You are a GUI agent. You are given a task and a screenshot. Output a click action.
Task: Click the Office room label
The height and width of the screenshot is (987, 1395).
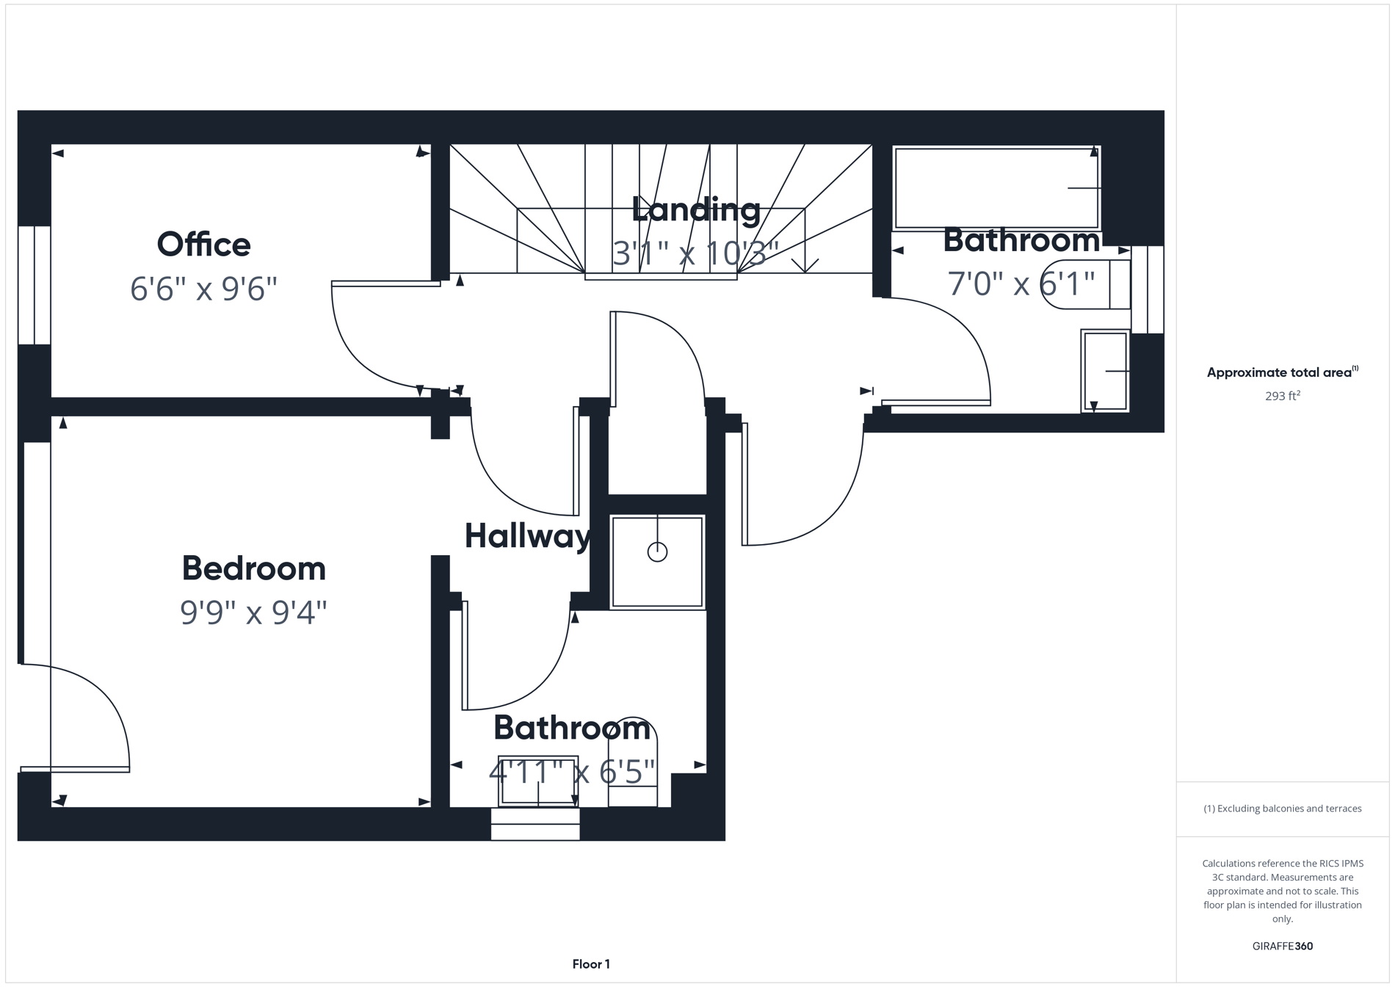point(203,245)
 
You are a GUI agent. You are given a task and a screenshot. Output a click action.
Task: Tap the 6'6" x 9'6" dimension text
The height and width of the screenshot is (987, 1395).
point(203,289)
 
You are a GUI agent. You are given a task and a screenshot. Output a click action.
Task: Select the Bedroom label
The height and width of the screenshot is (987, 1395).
point(253,568)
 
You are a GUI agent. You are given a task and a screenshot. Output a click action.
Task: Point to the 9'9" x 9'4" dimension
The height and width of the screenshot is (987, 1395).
point(253,612)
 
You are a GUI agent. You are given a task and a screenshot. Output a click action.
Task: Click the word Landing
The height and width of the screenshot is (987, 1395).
point(695,210)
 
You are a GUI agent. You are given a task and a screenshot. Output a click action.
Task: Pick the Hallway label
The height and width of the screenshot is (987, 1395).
point(527,536)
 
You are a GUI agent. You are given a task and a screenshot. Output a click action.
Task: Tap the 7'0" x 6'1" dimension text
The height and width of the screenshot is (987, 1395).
point(1021,283)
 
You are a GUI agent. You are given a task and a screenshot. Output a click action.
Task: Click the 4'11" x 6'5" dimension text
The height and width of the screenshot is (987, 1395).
point(571,772)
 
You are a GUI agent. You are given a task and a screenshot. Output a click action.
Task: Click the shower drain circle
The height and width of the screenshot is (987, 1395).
point(657,552)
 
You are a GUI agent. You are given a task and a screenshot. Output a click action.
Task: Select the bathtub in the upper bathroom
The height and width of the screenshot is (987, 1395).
point(996,189)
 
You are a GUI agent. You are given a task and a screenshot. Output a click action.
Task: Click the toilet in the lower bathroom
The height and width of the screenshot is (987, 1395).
point(633,764)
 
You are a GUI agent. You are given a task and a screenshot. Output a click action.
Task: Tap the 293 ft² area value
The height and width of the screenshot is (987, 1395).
point(1282,396)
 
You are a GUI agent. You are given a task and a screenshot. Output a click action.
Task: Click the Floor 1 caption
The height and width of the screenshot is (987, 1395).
point(591,964)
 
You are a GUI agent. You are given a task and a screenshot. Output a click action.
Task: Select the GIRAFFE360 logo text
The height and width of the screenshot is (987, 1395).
point(1282,946)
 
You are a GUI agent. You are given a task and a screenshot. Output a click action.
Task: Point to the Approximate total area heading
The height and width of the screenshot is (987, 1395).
point(1282,372)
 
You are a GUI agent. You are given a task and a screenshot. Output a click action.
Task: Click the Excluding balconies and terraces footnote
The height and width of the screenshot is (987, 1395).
point(1282,809)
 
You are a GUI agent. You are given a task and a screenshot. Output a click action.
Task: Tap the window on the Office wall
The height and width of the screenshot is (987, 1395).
point(34,285)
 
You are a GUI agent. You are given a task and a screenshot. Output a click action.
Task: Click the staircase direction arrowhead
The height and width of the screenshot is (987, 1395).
point(805,266)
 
